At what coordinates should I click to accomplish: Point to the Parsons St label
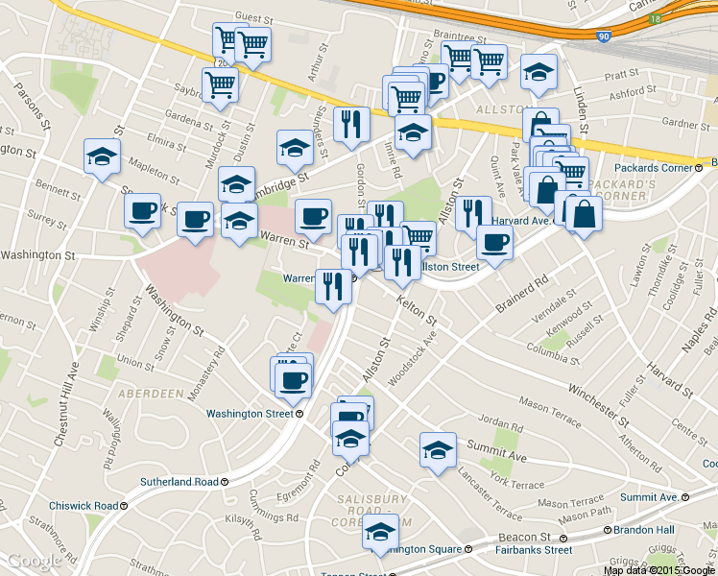[x=32, y=105]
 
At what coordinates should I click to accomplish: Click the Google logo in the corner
[x=33, y=561]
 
